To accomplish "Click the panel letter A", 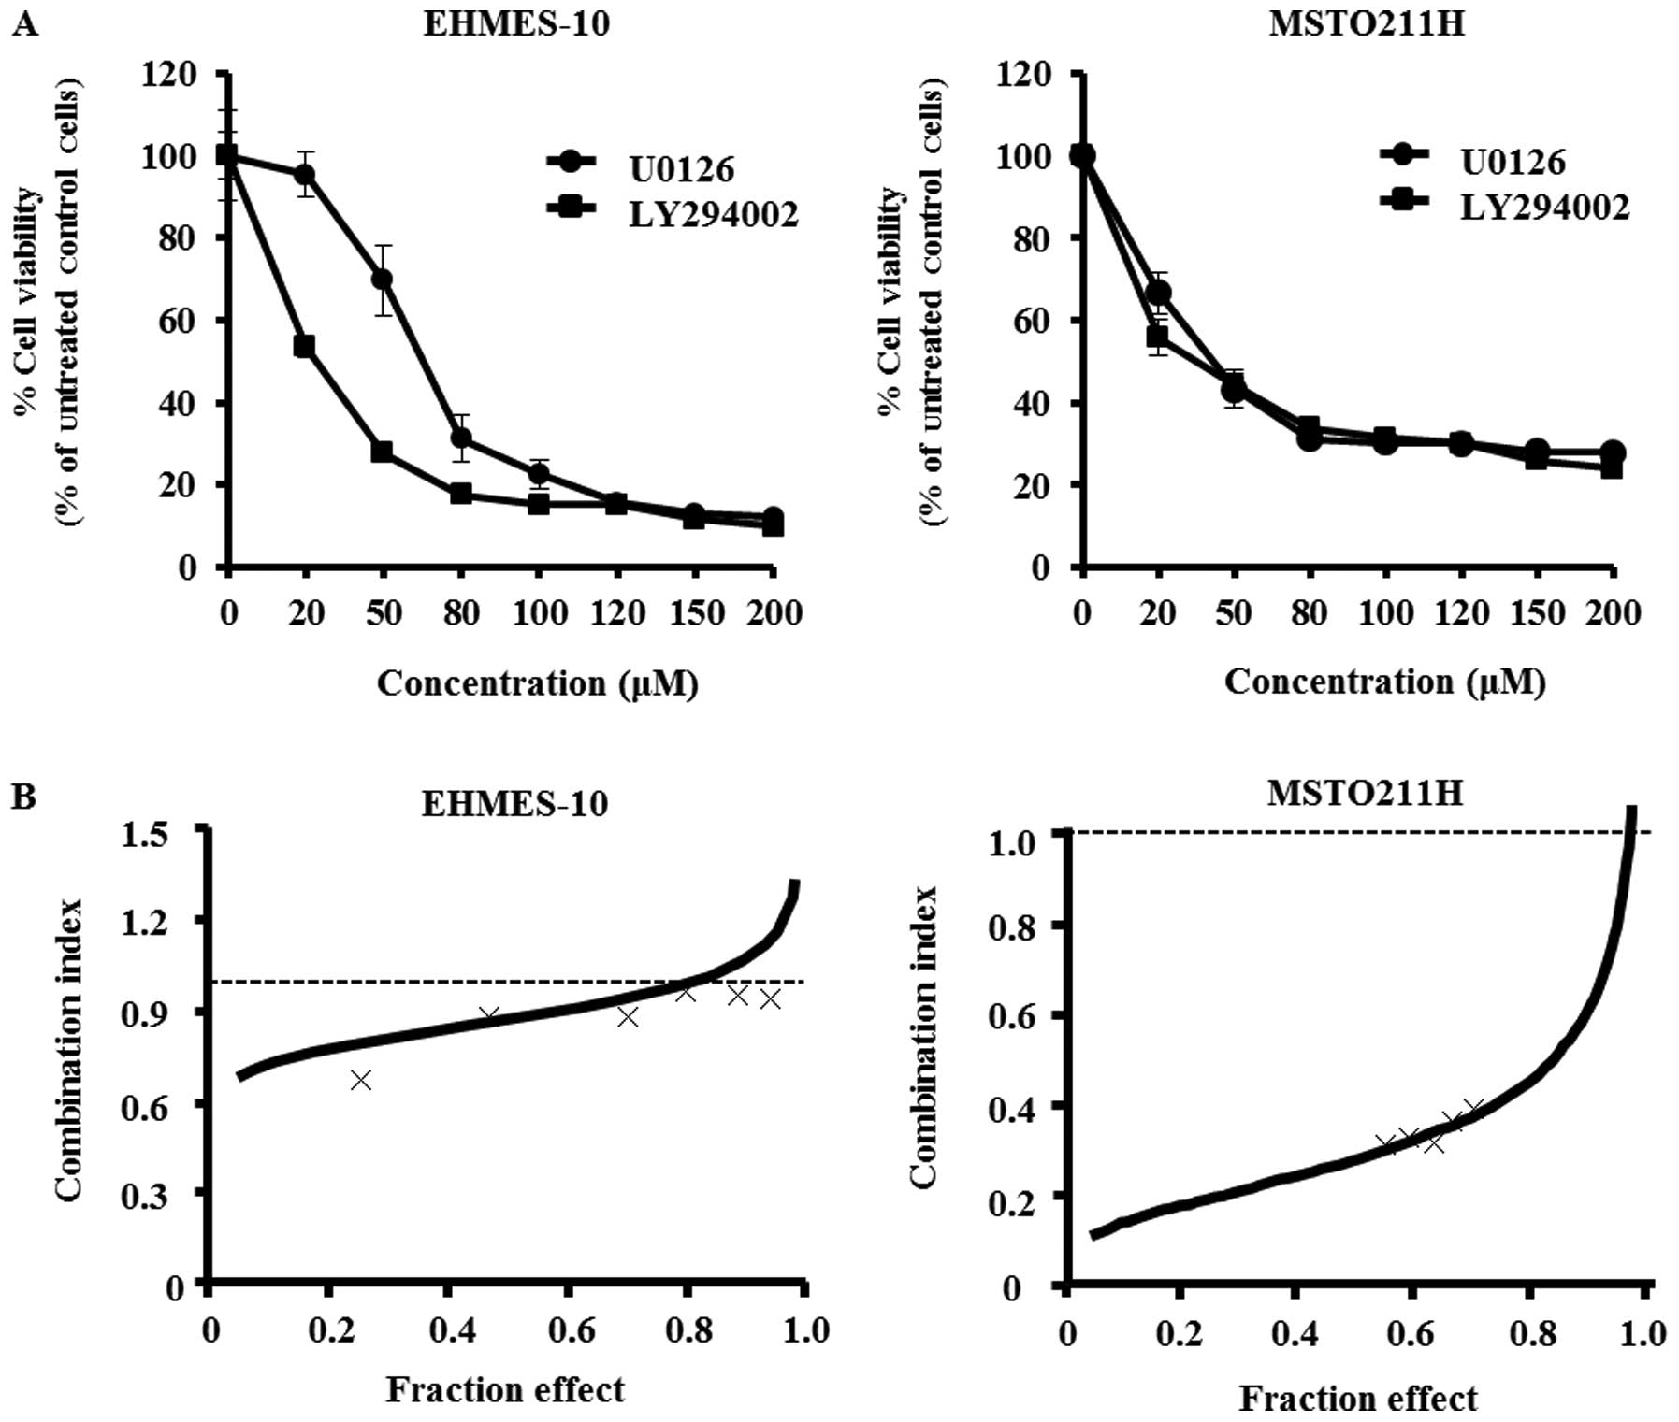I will point(25,24).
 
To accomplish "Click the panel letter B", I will point(25,797).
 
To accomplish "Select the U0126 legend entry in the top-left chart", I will point(680,169).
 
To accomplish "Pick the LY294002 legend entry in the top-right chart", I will point(1544,207).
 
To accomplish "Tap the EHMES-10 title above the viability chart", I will point(515,22).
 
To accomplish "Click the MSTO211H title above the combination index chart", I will point(1365,793).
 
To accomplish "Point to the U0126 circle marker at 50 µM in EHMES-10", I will point(382,279).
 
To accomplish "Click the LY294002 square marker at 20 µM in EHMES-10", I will point(304,347).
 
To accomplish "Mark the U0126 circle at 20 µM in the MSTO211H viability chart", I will point(1160,294).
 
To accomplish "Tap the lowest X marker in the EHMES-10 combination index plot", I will point(361,1080).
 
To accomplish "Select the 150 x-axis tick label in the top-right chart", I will point(1538,613).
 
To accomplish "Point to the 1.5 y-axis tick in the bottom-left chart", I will point(145,832).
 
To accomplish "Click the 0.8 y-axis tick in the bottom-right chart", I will point(1012,926).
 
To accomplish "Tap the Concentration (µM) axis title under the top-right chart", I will point(1384,682).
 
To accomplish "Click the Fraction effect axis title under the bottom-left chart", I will point(505,1390).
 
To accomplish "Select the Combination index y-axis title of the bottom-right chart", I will point(923,1038).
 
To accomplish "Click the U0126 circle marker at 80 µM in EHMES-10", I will point(460,438).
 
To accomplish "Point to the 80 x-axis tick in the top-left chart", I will point(460,613).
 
